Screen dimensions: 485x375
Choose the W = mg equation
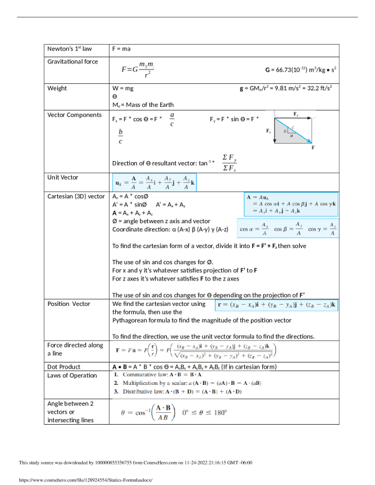point(123,88)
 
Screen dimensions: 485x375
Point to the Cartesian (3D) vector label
point(76,196)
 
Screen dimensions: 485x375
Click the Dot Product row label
point(66,367)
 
